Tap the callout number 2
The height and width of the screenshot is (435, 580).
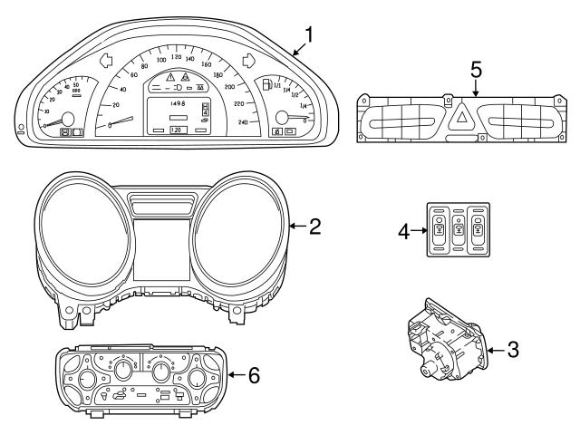click(314, 226)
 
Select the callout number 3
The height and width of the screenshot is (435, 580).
click(513, 349)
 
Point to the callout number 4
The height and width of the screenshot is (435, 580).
click(405, 230)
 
